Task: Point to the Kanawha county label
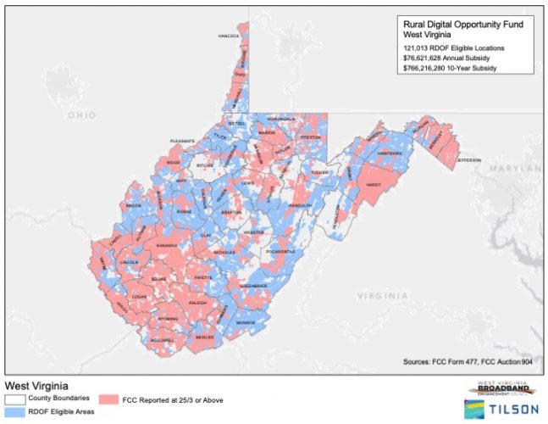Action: pyautogui.click(x=166, y=243)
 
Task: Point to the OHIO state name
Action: pyautogui.click(x=82, y=114)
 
